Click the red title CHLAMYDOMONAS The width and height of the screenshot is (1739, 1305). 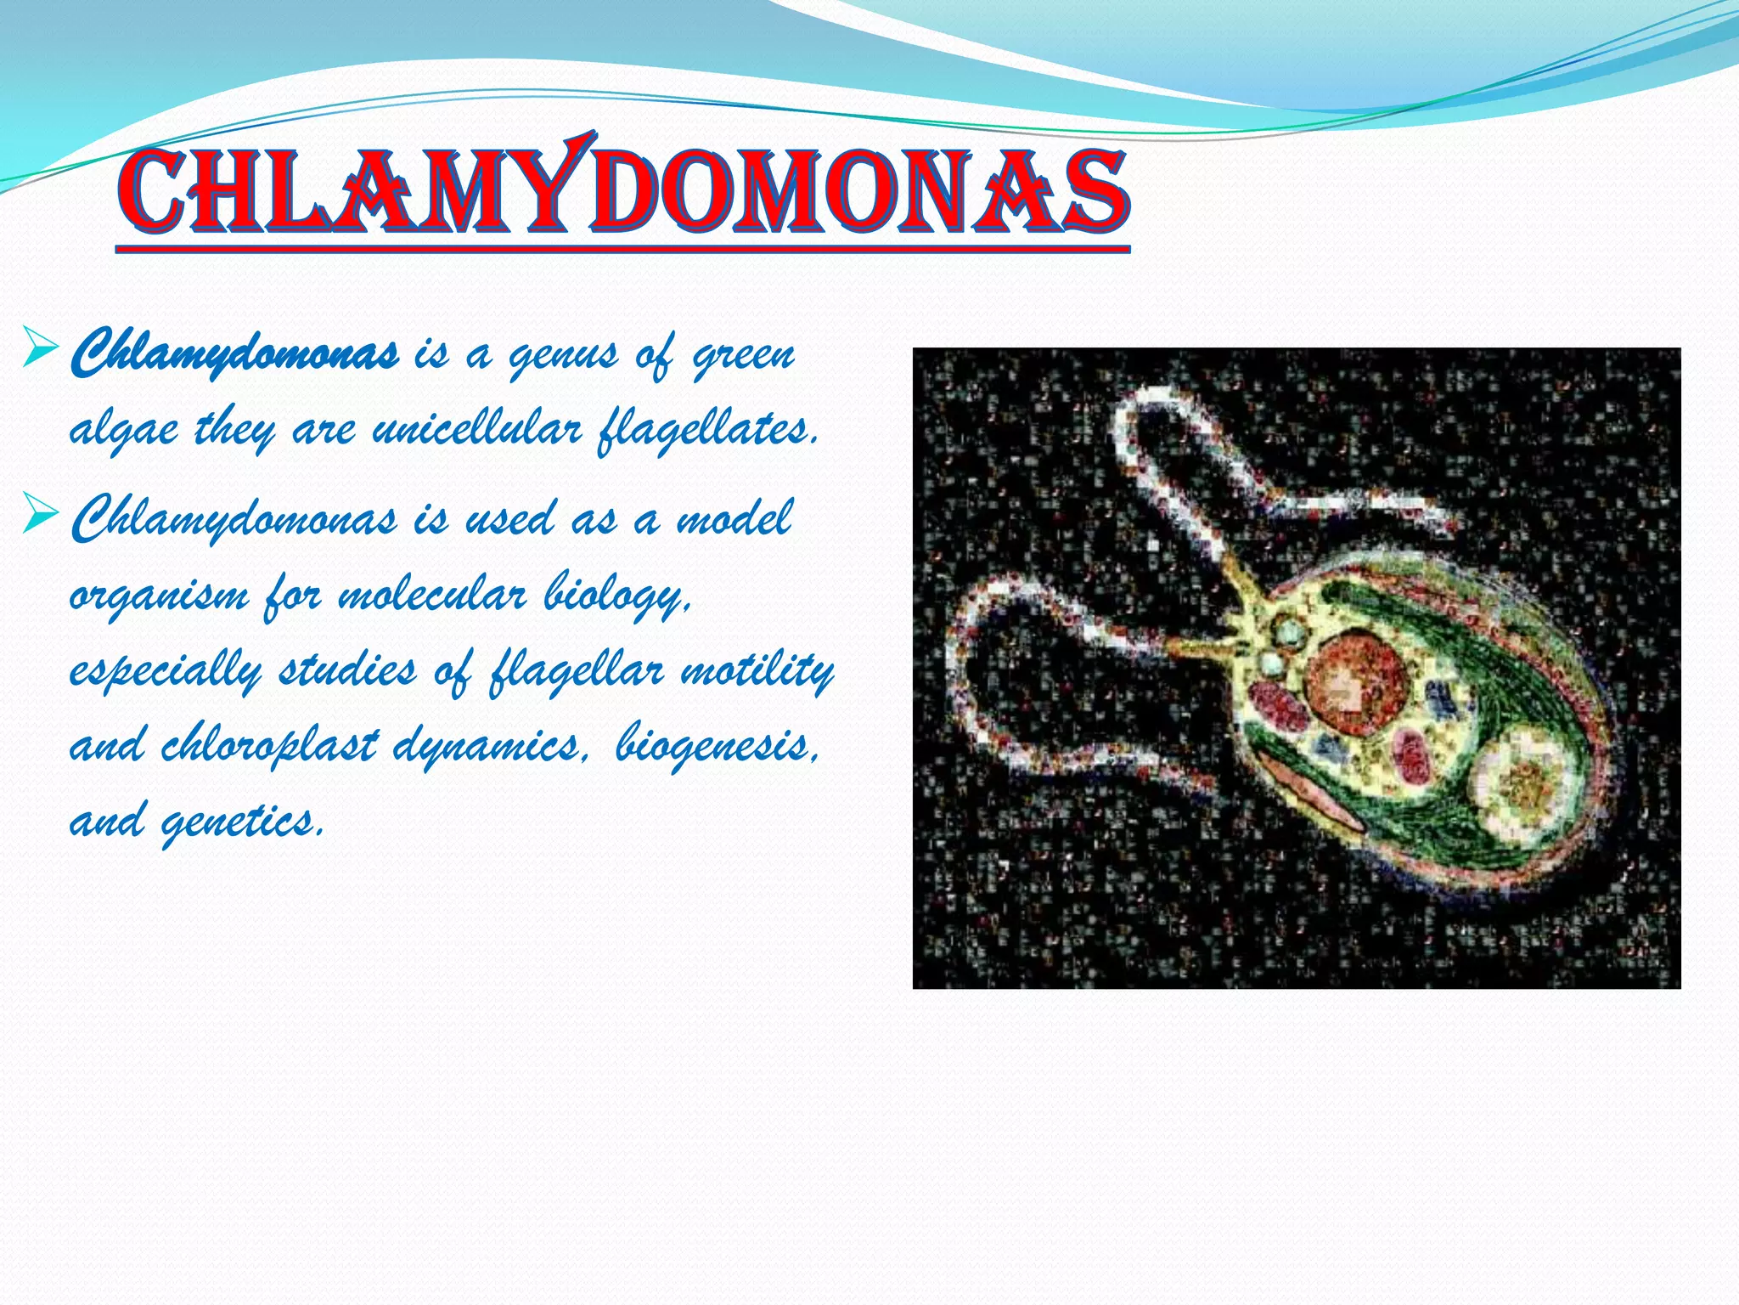pos(624,195)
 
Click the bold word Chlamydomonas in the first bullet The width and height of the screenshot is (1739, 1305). pos(234,355)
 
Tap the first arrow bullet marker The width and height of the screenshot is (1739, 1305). pos(41,349)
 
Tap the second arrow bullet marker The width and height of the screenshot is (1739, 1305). pos(41,513)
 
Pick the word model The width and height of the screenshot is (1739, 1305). pos(734,519)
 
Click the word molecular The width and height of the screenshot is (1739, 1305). pos(432,594)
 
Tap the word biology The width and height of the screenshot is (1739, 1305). pos(617,596)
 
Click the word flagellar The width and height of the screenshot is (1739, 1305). pos(576,671)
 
